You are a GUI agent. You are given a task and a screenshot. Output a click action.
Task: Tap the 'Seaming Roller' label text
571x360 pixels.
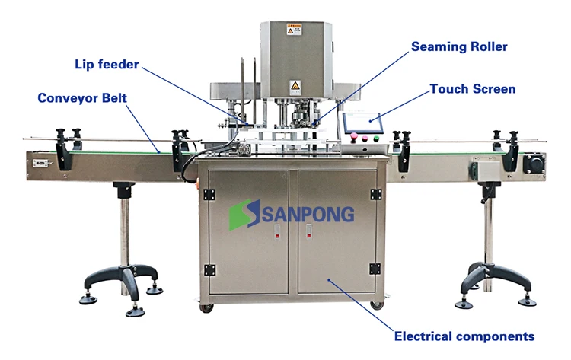pyautogui.click(x=459, y=46)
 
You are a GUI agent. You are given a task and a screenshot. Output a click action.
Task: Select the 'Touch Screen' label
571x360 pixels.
pyautogui.click(x=472, y=89)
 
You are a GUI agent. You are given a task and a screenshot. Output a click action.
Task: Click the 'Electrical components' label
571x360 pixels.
pyautogui.click(x=464, y=336)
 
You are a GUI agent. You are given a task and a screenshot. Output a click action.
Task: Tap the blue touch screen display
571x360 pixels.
pyautogui.click(x=362, y=122)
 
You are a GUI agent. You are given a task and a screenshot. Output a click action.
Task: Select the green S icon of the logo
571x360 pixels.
pyautogui.click(x=241, y=214)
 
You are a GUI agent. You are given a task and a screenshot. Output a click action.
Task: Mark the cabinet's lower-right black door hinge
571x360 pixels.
pyautogui.click(x=375, y=269)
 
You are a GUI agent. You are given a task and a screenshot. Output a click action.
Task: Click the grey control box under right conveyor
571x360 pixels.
pyautogui.click(x=483, y=167)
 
